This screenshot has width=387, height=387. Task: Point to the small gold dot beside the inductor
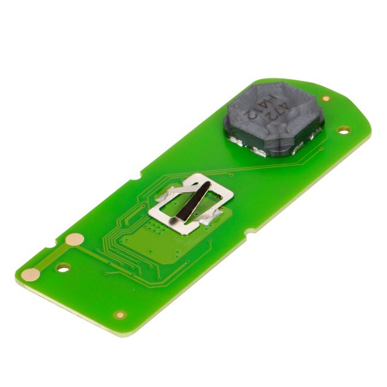[326, 98]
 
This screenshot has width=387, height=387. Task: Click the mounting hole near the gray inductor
[342, 130]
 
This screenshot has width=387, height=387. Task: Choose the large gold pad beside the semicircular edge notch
[74, 239]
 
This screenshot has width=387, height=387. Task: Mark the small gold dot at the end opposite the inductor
[120, 314]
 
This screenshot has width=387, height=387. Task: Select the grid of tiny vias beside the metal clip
[156, 227]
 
